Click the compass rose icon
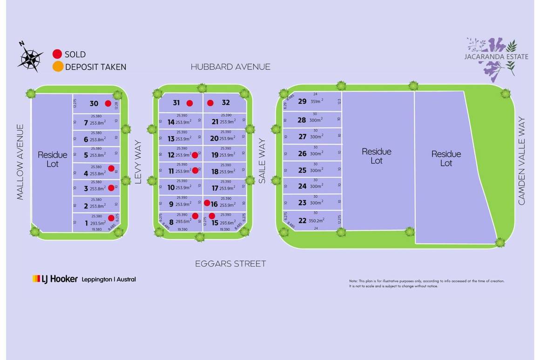[x=30, y=58]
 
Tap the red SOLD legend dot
[x=58, y=54]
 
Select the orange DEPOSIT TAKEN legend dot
[x=58, y=67]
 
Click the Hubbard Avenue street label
[x=230, y=67]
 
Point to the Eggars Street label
[x=230, y=264]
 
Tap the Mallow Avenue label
[x=20, y=162]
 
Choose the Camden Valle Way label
[x=521, y=161]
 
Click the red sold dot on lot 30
[x=108, y=104]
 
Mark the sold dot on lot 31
[x=189, y=103]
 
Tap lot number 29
[x=302, y=101]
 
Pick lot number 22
[x=302, y=221]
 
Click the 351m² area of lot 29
[x=317, y=101]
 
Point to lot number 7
[x=86, y=123]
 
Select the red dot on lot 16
[x=207, y=203]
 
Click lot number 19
[x=215, y=155]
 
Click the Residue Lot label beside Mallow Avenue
[x=52, y=159]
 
